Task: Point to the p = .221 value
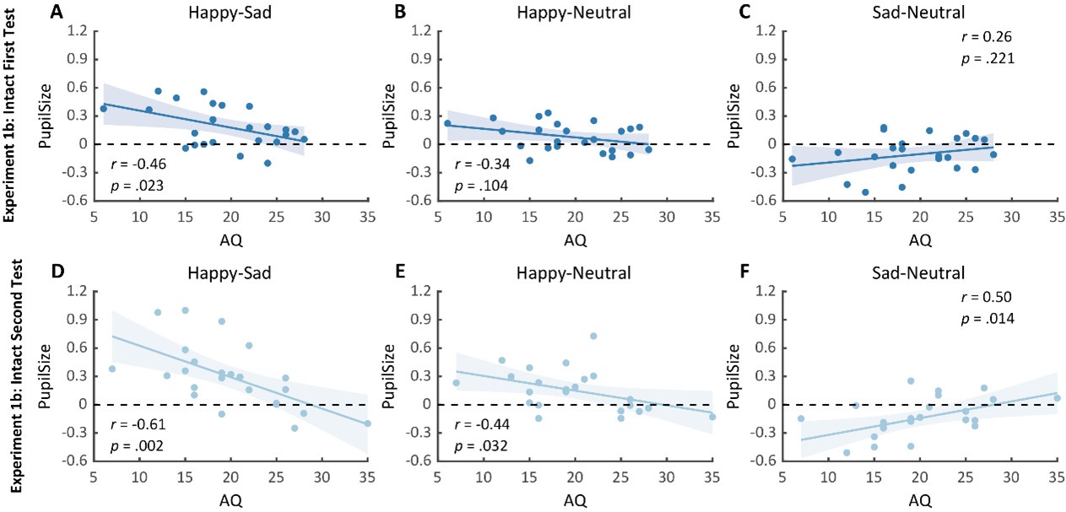(980, 58)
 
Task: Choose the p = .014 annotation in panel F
(980, 318)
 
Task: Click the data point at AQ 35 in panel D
(368, 423)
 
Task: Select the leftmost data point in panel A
(104, 109)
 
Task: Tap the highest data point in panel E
(593, 336)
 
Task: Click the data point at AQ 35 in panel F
(1057, 397)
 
